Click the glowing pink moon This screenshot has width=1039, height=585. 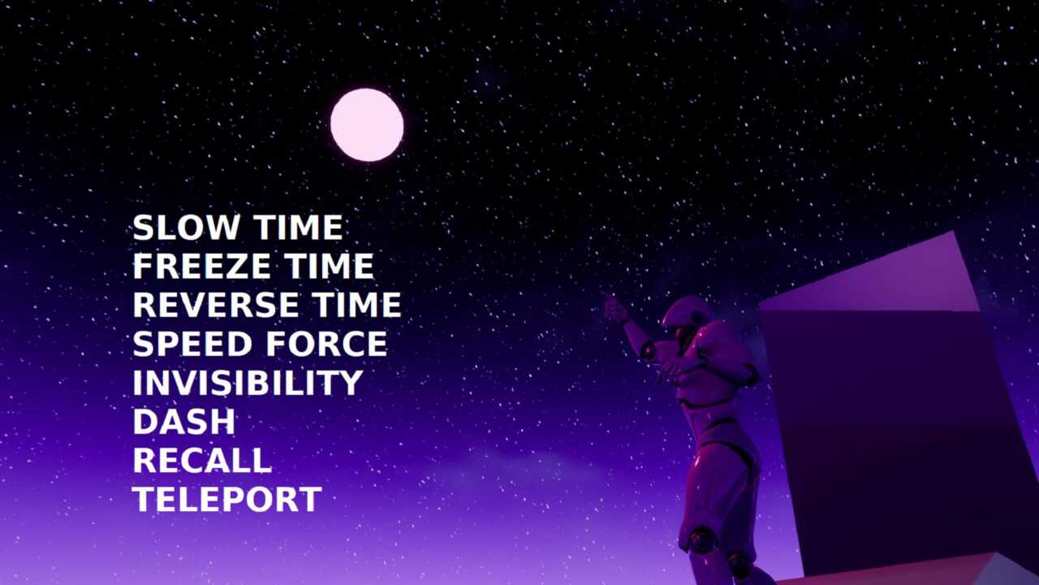[x=367, y=125]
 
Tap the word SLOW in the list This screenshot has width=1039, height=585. [x=186, y=227]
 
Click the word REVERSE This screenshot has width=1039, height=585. [x=216, y=305]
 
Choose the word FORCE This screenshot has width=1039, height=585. [x=326, y=344]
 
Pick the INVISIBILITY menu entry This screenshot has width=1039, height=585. [x=248, y=383]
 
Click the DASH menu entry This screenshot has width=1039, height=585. [x=184, y=422]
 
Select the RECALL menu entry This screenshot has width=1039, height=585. [x=202, y=461]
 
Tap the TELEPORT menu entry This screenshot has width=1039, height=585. [x=226, y=500]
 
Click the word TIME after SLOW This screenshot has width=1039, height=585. [x=298, y=227]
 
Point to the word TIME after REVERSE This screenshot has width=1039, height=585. [x=356, y=305]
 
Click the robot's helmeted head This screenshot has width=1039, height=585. [x=687, y=316]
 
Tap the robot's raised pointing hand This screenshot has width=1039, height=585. [x=614, y=307]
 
